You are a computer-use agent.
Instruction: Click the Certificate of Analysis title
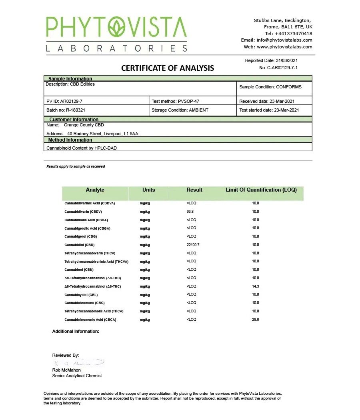tap(168, 68)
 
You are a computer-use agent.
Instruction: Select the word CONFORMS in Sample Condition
tap(289, 87)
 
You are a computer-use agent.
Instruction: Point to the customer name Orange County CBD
tap(84, 125)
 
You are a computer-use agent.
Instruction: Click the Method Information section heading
tap(70, 140)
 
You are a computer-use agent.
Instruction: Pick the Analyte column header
tap(95, 190)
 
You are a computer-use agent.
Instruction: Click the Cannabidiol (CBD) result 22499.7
tap(193, 245)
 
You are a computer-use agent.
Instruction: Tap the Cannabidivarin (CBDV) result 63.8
tap(190, 212)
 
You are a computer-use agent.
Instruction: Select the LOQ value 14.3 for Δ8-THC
tap(256, 286)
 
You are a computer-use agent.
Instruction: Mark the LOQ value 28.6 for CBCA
tap(256, 320)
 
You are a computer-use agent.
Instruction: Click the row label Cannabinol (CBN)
tap(79, 270)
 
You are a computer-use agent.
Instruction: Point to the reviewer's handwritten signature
tap(78, 363)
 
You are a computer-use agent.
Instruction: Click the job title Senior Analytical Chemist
tap(77, 376)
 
